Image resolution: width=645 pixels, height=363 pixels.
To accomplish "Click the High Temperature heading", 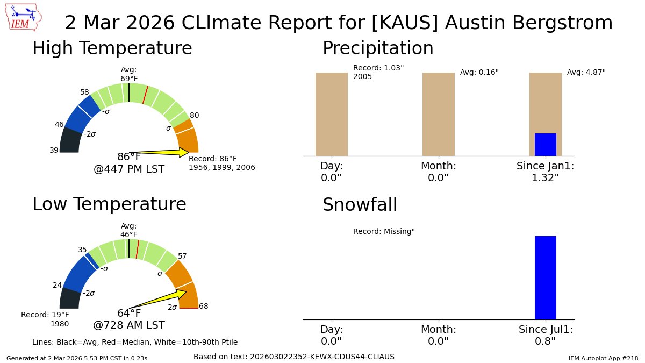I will click(112, 48).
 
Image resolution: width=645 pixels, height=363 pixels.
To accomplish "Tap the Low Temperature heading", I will click(109, 204).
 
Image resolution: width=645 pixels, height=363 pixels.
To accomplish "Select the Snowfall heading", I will click(360, 205).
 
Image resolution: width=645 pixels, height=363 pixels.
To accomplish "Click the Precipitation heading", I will click(377, 48).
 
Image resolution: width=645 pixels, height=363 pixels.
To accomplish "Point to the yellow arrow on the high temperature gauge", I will click(161, 152).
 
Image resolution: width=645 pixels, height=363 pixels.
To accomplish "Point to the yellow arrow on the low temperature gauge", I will click(161, 298).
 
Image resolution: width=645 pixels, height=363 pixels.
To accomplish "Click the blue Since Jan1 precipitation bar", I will click(545, 145).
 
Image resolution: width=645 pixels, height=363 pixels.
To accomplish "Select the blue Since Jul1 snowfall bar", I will click(545, 277).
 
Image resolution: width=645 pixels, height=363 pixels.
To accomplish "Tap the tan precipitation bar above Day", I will click(331, 114).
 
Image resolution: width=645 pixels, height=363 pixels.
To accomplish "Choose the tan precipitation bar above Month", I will click(438, 114).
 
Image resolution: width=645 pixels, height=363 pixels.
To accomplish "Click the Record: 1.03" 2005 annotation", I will click(378, 72).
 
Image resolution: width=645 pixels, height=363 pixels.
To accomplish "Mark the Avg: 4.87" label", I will click(586, 72).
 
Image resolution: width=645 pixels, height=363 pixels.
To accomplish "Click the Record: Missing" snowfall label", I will click(384, 232).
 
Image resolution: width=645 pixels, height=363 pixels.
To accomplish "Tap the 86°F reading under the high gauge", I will click(129, 157).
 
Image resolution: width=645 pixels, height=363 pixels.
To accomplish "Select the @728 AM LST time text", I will click(129, 325).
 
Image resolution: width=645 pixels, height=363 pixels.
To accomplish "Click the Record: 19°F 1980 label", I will click(45, 319).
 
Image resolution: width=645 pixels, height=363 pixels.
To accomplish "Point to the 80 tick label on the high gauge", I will click(195, 115).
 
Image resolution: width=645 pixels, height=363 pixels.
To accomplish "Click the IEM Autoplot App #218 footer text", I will click(603, 358).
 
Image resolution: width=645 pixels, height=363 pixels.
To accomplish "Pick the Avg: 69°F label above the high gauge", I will click(129, 74).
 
